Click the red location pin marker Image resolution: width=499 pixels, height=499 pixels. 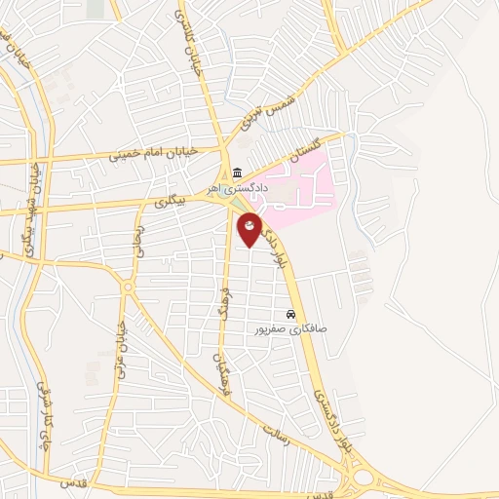[x=249, y=229]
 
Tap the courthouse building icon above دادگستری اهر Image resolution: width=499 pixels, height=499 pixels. [x=237, y=173]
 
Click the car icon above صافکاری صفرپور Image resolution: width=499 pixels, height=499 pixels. [x=290, y=315]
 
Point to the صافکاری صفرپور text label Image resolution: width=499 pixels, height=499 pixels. [x=290, y=329]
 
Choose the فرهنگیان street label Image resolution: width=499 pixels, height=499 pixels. [x=220, y=370]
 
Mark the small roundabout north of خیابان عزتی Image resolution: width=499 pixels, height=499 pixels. [x=127, y=287]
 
